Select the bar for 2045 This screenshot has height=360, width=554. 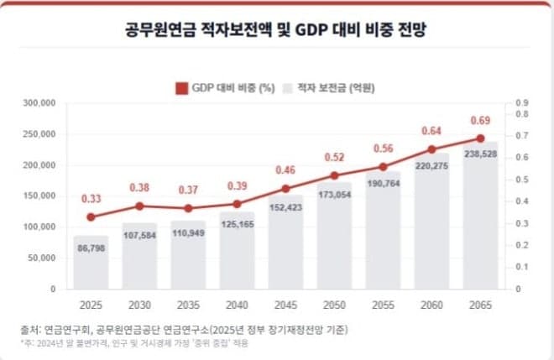coord(285,243)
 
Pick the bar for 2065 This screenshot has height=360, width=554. coord(480,218)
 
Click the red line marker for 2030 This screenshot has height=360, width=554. coord(139,206)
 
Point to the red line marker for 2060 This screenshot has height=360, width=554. coord(431,149)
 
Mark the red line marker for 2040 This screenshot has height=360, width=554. coord(237,204)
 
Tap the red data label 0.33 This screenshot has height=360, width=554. coord(91,199)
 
